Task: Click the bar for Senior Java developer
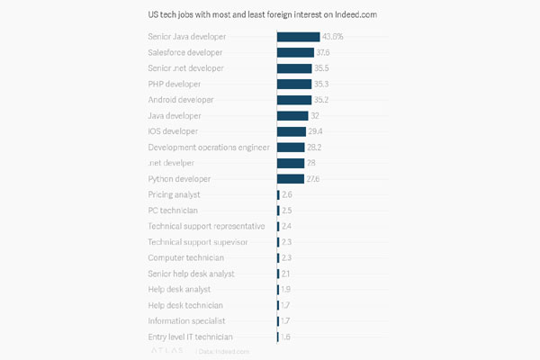tap(298, 37)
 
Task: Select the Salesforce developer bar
tap(295, 52)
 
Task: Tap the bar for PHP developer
tap(293, 84)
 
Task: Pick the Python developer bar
tap(290, 178)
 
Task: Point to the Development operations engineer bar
tap(291, 147)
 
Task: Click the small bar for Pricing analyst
tap(278, 194)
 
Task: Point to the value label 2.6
tap(287, 194)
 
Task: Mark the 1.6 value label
tap(286, 337)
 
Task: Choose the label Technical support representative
tap(206, 226)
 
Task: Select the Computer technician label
tap(185, 257)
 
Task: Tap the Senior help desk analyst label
tap(191, 274)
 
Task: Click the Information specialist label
tap(186, 320)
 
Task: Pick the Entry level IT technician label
tap(193, 337)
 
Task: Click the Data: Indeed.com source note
tap(223, 351)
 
